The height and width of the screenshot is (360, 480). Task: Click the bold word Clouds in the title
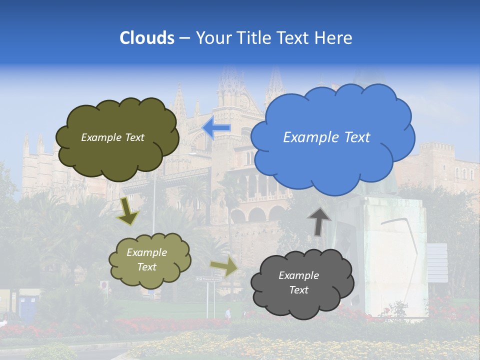146,37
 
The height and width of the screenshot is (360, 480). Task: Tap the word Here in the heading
334,37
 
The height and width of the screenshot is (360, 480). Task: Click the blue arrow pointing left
216,128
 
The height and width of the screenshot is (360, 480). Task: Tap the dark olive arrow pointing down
127,212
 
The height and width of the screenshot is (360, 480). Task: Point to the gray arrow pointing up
319,221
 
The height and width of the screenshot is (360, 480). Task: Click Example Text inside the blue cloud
326,137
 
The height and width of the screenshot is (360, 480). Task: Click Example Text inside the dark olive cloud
112,137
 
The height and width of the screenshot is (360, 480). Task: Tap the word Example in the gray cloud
298,275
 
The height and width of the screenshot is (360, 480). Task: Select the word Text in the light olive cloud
147,267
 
